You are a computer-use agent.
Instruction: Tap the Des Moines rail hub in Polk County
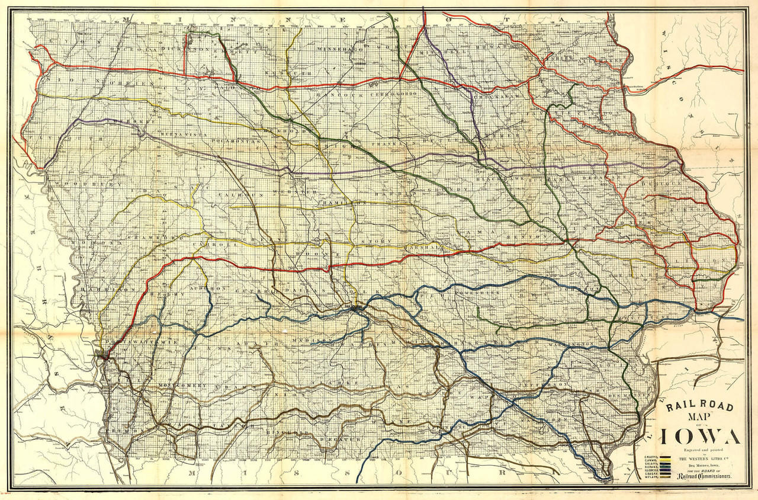pyautogui.click(x=355, y=307)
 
